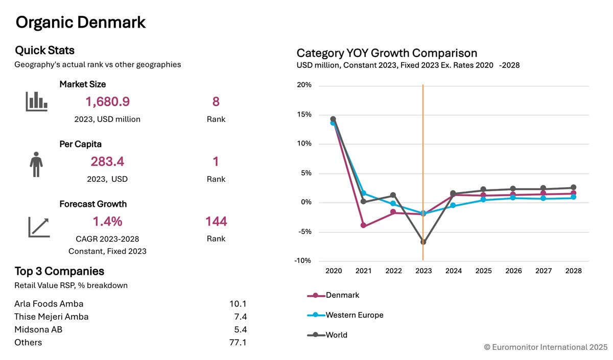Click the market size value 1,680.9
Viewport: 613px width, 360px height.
tap(107, 102)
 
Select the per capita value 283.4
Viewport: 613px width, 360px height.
tap(107, 162)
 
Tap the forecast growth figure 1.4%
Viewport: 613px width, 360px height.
tap(107, 222)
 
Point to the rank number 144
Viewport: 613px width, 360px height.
tap(216, 222)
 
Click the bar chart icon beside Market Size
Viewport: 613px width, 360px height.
tap(36, 102)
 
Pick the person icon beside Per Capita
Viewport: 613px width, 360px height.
tap(36, 164)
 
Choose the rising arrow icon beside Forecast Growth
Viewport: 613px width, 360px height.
tap(39, 227)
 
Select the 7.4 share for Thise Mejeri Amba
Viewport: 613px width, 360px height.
tap(238, 317)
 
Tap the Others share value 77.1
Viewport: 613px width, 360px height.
tap(238, 342)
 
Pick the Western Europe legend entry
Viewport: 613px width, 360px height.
tap(354, 315)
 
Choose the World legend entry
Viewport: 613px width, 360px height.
tap(336, 335)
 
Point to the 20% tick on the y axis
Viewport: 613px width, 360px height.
tap(304, 85)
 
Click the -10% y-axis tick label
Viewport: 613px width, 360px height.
tap(304, 261)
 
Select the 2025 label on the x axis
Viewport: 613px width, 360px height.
tap(483, 271)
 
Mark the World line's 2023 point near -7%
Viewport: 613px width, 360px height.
tap(423, 242)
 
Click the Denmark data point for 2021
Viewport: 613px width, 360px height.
tap(363, 225)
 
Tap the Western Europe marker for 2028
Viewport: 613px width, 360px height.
tap(573, 197)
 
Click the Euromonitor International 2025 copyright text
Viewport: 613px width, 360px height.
tap(546, 347)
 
